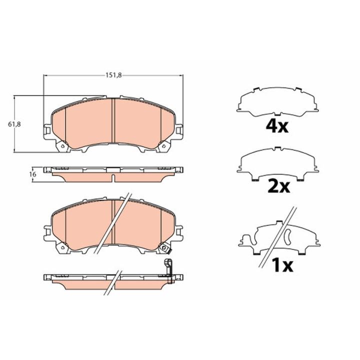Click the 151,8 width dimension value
tap(113, 75)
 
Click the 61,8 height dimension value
tap(14, 124)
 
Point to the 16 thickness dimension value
tap(33, 174)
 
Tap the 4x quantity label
tap(277, 126)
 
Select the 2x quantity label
tap(278, 186)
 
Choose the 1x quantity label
tap(282, 265)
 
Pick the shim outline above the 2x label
tap(277, 163)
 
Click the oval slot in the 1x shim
tap(287, 237)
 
